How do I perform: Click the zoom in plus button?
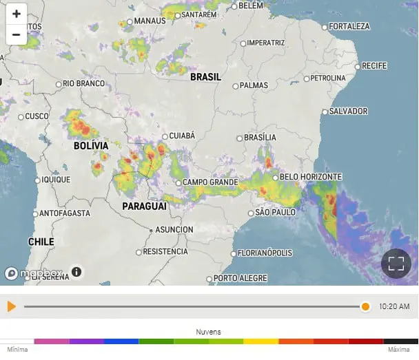click(17, 14)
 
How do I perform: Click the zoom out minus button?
click(17, 34)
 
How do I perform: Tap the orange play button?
click(11, 306)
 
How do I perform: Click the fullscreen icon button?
click(396, 263)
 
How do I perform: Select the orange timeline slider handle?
click(365, 306)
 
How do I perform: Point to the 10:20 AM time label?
click(394, 306)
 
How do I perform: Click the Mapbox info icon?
click(76, 272)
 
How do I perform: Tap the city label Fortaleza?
click(349, 26)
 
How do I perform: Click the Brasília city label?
click(259, 138)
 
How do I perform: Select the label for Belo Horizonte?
click(310, 177)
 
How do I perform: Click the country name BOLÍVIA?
click(91, 146)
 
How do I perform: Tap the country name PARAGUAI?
click(144, 207)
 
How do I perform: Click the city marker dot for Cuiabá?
click(165, 136)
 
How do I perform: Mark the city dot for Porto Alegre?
click(209, 279)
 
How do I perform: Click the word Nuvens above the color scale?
click(209, 332)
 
